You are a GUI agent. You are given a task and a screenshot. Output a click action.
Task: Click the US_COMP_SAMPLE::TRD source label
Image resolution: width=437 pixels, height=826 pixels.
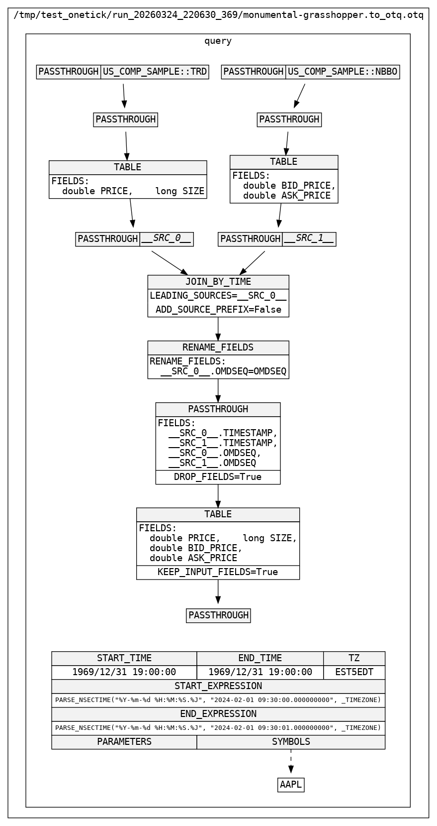click(x=155, y=72)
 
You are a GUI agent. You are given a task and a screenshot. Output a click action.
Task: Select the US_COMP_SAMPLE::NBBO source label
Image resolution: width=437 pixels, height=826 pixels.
click(x=343, y=72)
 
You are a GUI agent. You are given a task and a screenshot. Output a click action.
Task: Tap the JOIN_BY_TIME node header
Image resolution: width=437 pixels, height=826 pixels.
click(x=218, y=282)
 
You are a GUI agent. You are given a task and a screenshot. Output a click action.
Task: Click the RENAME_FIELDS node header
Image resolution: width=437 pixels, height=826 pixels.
click(x=218, y=348)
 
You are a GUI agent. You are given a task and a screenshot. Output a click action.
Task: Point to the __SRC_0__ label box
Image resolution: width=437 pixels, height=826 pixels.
click(x=167, y=239)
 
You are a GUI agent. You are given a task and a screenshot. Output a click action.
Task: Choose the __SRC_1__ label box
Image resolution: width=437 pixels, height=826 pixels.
click(x=309, y=239)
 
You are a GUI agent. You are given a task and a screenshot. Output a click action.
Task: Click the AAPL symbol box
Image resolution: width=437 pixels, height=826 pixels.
click(x=291, y=785)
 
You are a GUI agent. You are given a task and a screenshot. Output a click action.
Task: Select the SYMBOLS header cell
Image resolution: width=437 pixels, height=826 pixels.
click(x=291, y=742)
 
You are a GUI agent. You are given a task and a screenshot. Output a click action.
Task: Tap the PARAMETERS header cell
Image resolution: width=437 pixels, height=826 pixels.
click(x=124, y=742)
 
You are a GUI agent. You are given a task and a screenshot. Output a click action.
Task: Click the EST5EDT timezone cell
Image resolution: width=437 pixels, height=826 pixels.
click(x=354, y=672)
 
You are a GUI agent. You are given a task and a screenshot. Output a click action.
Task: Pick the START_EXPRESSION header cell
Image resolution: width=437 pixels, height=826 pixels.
click(x=218, y=686)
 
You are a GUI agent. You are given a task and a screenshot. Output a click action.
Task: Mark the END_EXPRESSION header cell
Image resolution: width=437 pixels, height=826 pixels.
click(x=218, y=714)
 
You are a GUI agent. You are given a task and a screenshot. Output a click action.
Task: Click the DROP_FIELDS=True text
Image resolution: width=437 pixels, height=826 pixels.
click(x=218, y=477)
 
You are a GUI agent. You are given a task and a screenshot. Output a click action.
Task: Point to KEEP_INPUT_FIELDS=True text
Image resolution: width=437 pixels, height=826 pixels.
click(x=218, y=572)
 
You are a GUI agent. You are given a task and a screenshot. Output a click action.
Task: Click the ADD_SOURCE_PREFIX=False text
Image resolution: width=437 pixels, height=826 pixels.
click(x=218, y=310)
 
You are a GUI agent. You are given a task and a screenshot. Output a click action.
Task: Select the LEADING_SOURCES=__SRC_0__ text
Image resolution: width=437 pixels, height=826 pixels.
click(x=218, y=296)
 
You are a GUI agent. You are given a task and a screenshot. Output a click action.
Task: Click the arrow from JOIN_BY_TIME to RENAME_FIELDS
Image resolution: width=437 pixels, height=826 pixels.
click(x=218, y=329)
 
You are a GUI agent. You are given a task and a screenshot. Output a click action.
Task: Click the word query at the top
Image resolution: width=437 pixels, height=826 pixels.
click(x=218, y=41)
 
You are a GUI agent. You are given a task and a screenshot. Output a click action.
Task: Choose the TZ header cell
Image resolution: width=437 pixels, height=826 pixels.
click(x=354, y=658)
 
